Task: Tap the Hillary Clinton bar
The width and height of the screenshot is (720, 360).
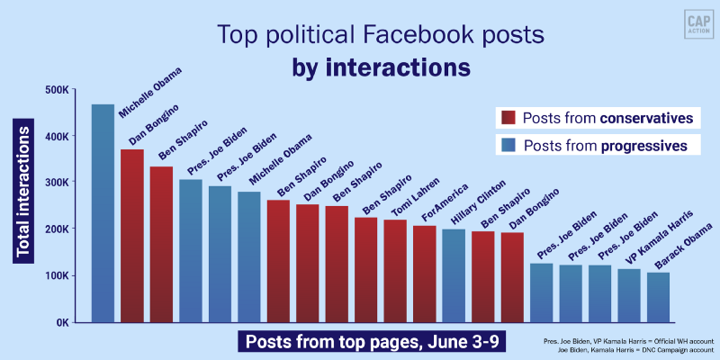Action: pos(454,275)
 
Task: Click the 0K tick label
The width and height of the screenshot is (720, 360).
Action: pos(63,322)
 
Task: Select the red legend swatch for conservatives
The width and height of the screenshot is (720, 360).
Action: pos(508,118)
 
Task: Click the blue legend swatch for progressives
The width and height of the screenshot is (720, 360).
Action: pos(508,145)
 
